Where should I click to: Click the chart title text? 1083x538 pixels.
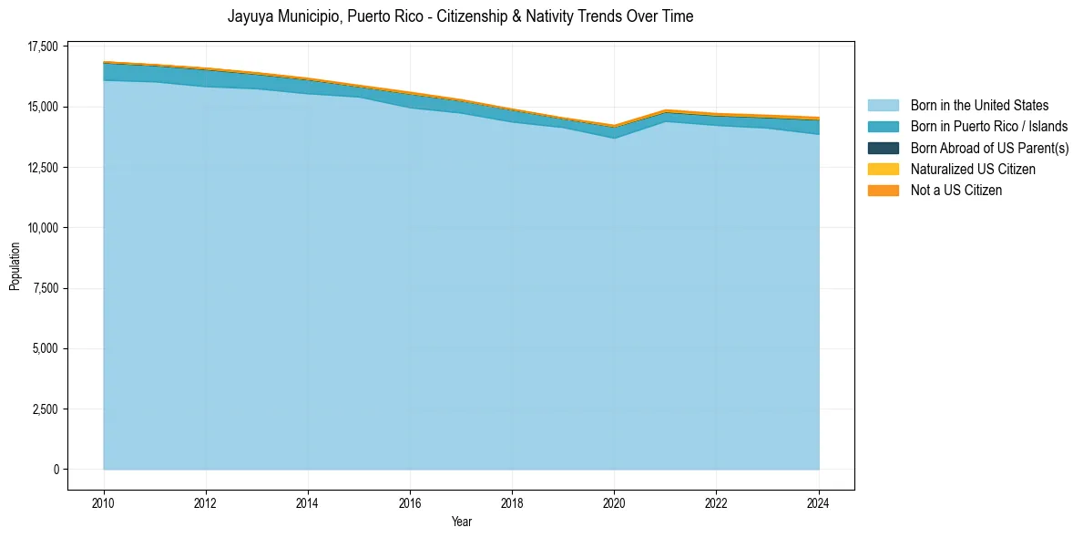pyautogui.click(x=460, y=16)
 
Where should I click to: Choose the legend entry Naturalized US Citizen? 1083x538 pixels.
pyautogui.click(x=973, y=169)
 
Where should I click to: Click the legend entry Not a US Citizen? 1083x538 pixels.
pyautogui.click(x=955, y=191)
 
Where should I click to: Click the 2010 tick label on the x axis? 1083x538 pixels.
pyautogui.click(x=104, y=502)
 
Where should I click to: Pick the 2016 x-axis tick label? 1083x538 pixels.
pyautogui.click(x=410, y=502)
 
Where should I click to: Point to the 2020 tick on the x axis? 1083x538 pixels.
pyautogui.click(x=614, y=502)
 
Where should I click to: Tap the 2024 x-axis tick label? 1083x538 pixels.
pyautogui.click(x=818, y=502)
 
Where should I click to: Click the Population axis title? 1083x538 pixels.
pyautogui.click(x=15, y=266)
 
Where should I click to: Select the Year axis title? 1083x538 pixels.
pyautogui.click(x=461, y=522)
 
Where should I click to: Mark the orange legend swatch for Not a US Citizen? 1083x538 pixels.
pyautogui.click(x=883, y=191)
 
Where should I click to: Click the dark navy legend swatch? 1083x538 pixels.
pyautogui.click(x=883, y=148)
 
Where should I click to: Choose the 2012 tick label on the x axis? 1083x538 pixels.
pyautogui.click(x=206, y=502)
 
